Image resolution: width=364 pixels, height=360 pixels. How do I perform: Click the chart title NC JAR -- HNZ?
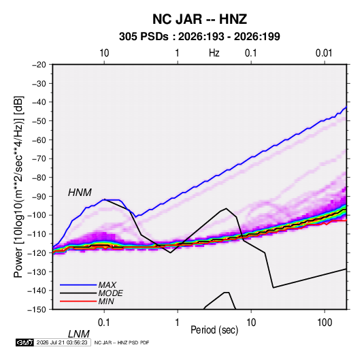[199, 19]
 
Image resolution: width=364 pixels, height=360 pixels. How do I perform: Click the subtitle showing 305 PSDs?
[199, 37]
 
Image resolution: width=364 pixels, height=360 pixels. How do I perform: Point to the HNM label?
[80, 193]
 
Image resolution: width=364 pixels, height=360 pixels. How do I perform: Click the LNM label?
[79, 334]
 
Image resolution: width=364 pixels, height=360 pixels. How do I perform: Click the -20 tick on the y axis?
[39, 65]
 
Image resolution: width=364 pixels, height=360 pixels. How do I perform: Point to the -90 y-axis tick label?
[39, 197]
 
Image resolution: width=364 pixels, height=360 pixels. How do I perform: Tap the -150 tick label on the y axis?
[37, 310]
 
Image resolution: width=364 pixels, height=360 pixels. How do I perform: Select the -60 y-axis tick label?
[39, 140]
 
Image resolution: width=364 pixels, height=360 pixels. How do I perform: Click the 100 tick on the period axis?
[325, 323]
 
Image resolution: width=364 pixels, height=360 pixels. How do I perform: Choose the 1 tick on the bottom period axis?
[178, 323]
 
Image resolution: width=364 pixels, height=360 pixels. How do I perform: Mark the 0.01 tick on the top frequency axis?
[324, 53]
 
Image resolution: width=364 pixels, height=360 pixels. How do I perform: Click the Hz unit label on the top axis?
[214, 53]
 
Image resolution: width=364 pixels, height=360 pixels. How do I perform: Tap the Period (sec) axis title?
[214, 330]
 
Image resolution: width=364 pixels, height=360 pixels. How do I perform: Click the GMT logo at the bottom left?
[24, 342]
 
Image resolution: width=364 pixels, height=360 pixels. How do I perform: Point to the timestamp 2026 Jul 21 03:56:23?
[62, 342]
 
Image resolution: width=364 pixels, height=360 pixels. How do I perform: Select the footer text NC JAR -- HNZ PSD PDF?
[122, 342]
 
